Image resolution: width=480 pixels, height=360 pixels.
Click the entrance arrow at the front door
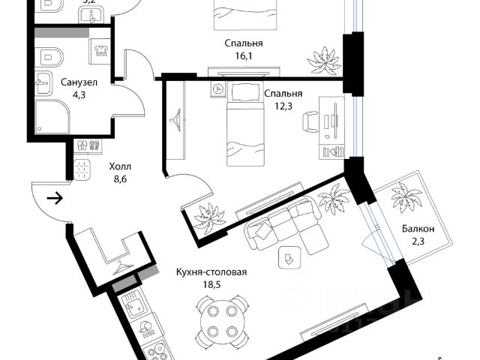tap(55, 199)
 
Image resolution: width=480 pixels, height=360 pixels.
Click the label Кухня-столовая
tap(211, 273)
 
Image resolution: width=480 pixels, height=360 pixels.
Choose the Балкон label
tap(418, 229)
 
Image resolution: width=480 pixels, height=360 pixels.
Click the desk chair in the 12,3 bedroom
tap(311, 121)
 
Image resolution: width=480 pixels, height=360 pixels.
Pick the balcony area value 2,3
tap(418, 242)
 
